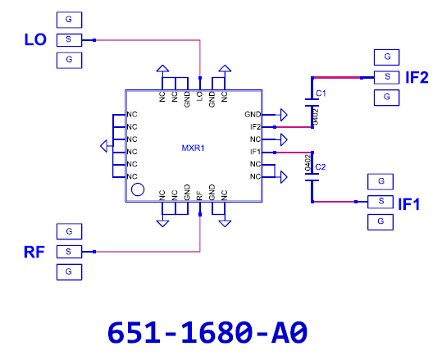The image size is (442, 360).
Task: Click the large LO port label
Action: tap(35, 39)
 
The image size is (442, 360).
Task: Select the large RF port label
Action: tap(34, 252)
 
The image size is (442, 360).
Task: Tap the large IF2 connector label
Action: tap(417, 78)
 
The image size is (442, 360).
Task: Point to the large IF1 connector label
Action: tap(408, 204)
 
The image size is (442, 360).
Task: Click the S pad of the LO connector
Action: tap(70, 40)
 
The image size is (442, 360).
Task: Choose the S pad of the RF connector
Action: tap(70, 252)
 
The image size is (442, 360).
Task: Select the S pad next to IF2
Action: tap(387, 77)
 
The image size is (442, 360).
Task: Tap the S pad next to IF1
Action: tap(380, 202)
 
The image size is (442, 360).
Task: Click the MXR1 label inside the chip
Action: tap(193, 148)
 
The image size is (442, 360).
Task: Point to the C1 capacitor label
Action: tap(321, 93)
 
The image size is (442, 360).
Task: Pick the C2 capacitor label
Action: tap(321, 167)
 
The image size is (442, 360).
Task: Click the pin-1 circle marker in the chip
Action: tap(138, 189)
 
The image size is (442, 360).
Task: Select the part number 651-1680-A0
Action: tap(207, 333)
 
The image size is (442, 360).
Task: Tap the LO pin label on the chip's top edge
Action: tap(199, 96)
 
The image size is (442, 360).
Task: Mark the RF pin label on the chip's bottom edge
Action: tap(199, 196)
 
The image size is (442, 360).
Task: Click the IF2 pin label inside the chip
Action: tap(255, 127)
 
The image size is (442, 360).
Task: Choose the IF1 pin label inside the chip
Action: tap(255, 152)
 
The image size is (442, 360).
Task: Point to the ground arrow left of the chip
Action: tap(103, 146)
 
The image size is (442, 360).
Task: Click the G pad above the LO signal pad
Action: tap(70, 20)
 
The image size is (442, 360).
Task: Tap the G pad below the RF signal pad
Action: tap(70, 272)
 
